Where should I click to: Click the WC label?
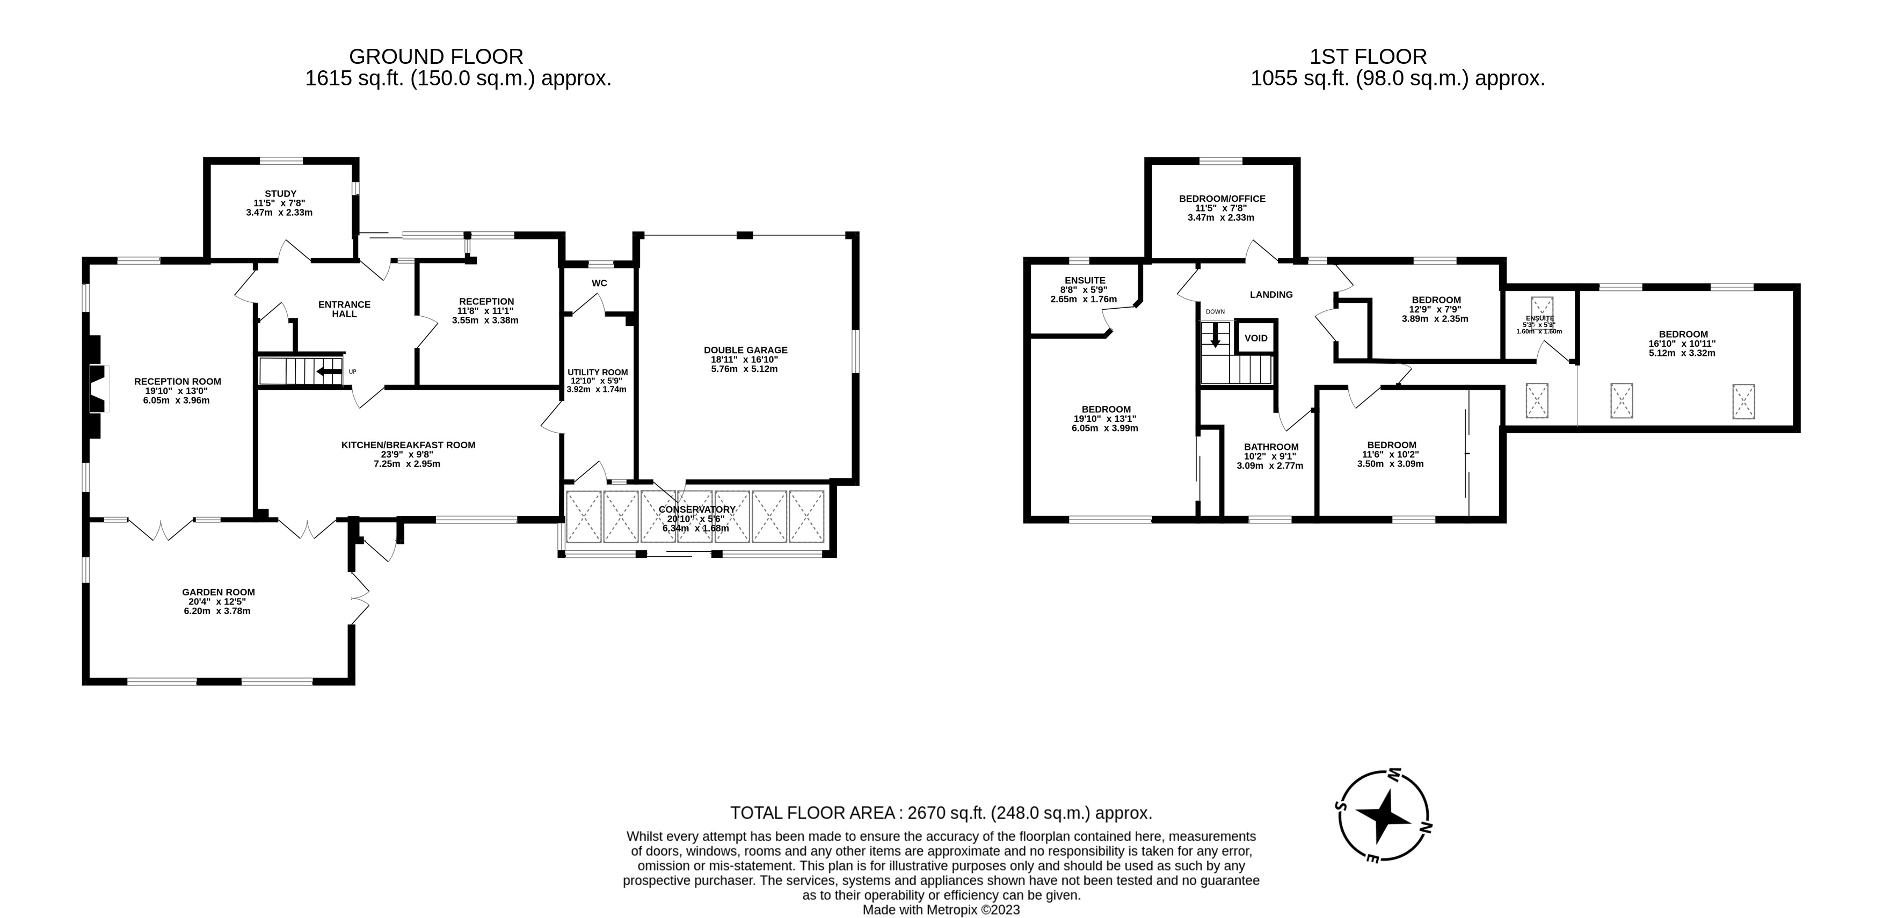click(x=599, y=283)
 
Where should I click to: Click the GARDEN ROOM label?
click(x=218, y=593)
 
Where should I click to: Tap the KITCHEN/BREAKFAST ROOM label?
click(x=408, y=445)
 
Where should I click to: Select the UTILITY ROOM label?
click(x=597, y=372)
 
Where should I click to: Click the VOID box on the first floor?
click(x=1256, y=338)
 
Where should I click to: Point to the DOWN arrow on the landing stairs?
click(x=1215, y=336)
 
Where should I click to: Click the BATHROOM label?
click(x=1270, y=447)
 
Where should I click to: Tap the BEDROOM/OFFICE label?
click(x=1222, y=199)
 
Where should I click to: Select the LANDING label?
click(x=1270, y=295)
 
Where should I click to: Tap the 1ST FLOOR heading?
click(x=1368, y=56)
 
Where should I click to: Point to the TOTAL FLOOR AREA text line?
click(x=941, y=813)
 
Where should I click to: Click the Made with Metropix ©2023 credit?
click(x=941, y=910)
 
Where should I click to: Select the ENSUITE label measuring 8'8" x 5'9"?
click(x=1085, y=281)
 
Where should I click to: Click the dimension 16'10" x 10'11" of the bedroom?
click(x=1681, y=344)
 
